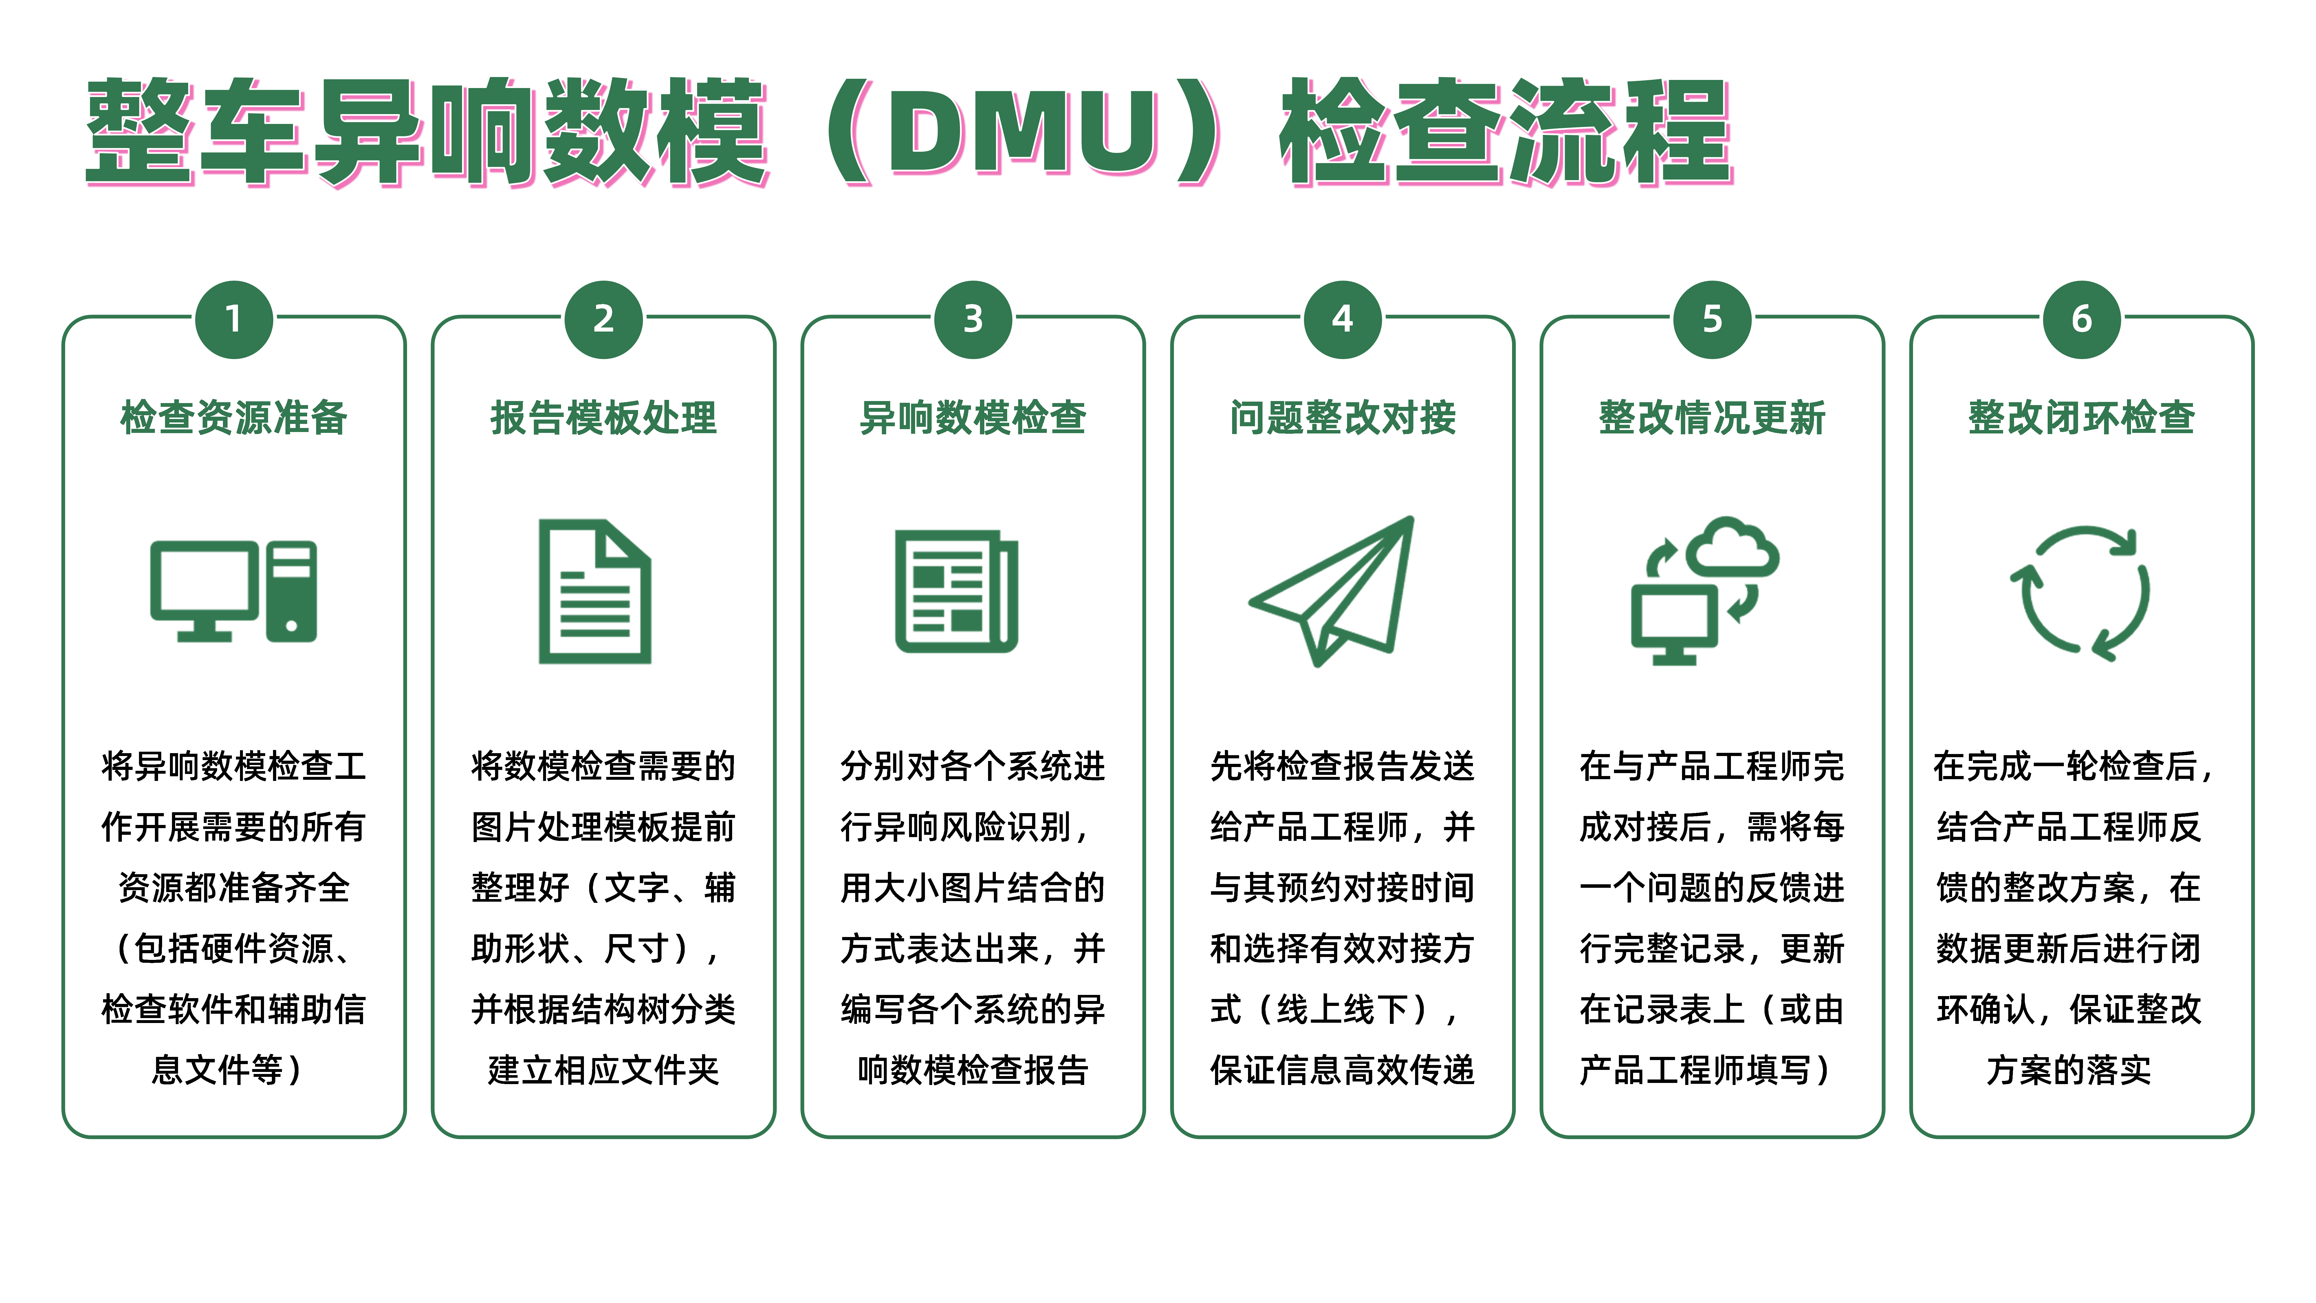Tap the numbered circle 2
[x=603, y=319]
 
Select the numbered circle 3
[x=973, y=319]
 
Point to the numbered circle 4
[x=1342, y=319]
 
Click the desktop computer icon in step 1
[x=234, y=591]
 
